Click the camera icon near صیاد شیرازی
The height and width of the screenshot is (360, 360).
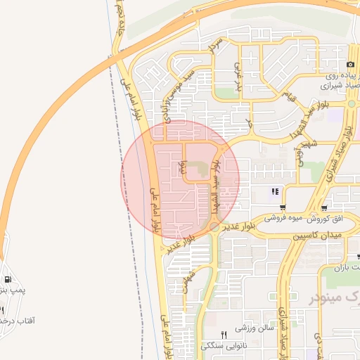(x=350, y=65)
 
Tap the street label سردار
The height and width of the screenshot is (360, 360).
(x=216, y=46)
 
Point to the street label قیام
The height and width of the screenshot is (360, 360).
(x=290, y=95)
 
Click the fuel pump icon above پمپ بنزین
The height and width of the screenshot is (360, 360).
(x=7, y=279)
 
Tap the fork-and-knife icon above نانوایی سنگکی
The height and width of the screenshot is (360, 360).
(x=224, y=335)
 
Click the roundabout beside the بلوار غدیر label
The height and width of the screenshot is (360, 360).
(x=214, y=227)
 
